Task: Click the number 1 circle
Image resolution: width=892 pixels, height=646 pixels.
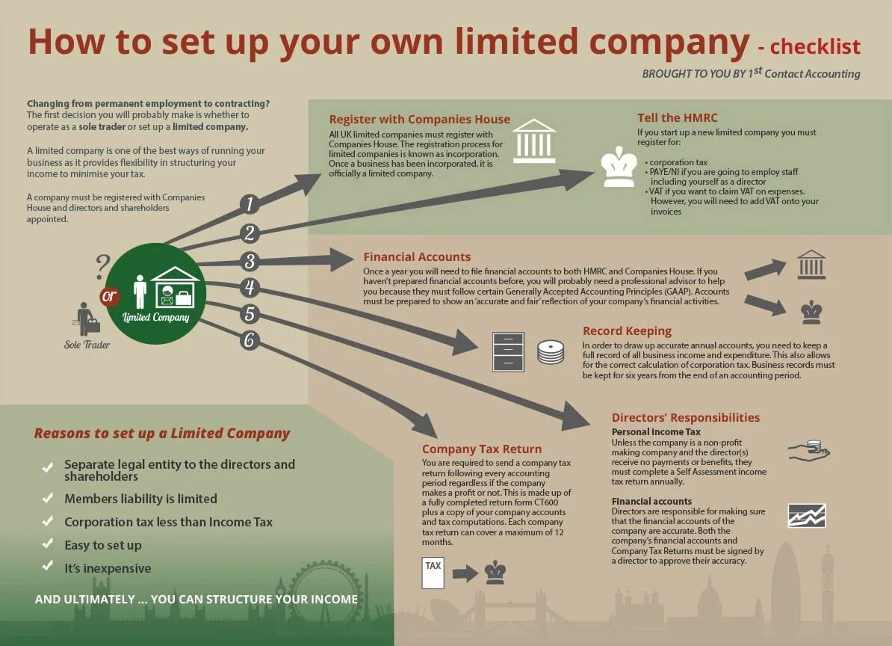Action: (x=250, y=204)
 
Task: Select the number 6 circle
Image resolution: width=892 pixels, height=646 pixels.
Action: (x=250, y=341)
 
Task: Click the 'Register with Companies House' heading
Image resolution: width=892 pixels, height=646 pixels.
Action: (x=419, y=120)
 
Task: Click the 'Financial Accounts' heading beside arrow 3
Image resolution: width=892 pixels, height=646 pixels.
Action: (x=417, y=257)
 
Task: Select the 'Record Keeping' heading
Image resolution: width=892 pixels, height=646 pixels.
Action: (x=627, y=331)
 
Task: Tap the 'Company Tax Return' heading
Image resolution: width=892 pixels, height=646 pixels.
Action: (x=482, y=449)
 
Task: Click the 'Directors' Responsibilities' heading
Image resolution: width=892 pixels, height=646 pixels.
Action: (x=686, y=418)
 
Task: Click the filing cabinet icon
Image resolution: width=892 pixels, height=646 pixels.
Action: (x=508, y=351)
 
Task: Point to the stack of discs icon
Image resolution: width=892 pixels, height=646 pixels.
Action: (x=551, y=352)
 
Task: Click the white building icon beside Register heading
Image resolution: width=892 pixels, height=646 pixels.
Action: (x=534, y=141)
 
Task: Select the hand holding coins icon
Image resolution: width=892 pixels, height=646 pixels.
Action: (x=809, y=450)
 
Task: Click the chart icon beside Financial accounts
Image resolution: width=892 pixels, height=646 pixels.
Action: (x=807, y=515)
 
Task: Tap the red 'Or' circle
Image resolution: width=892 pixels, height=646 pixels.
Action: (x=110, y=296)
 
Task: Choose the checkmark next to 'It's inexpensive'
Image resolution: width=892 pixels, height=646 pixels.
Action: (x=48, y=567)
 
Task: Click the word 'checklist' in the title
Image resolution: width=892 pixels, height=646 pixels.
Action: (x=815, y=46)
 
